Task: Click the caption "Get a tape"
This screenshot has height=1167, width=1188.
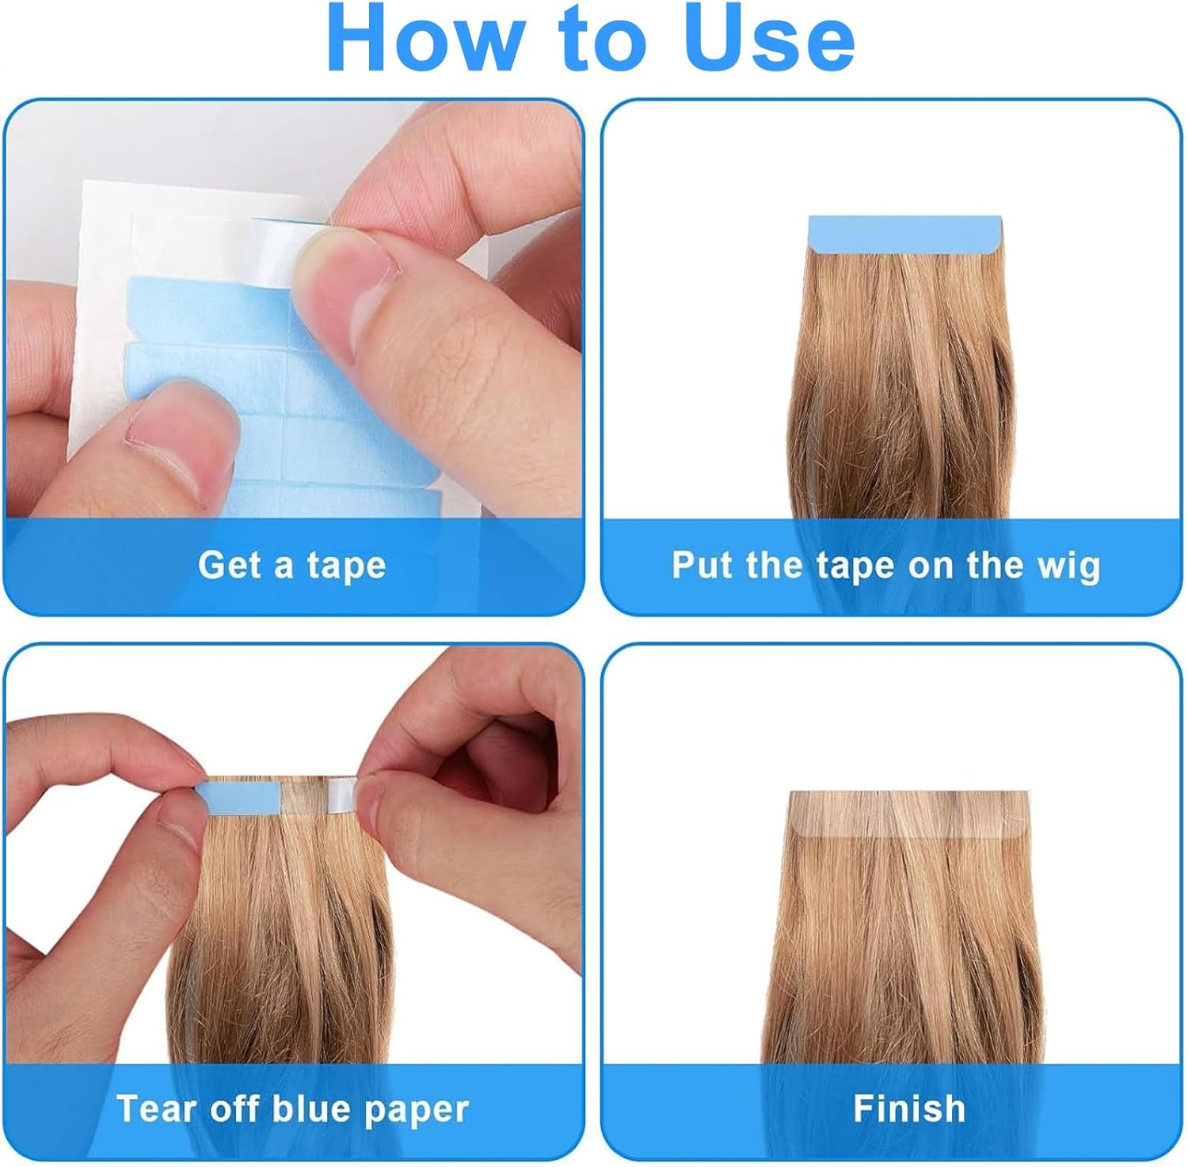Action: (x=291, y=566)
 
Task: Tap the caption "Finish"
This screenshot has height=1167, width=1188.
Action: (x=909, y=1108)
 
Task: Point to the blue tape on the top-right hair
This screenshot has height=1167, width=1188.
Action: (x=904, y=235)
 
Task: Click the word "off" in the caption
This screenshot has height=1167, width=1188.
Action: (x=234, y=1108)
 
